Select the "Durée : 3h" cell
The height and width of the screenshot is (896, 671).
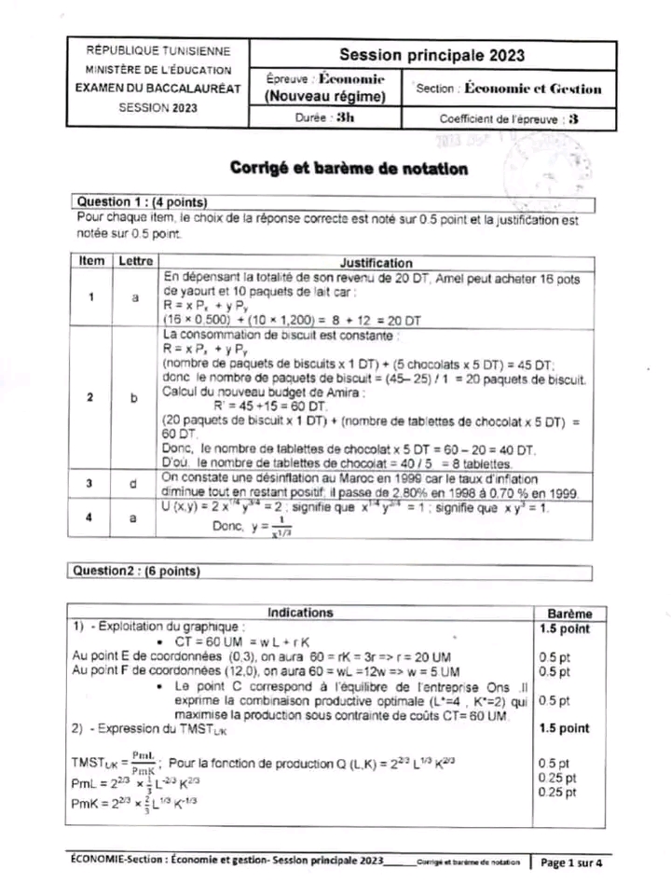tap(332, 118)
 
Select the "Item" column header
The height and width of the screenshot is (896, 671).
tap(91, 262)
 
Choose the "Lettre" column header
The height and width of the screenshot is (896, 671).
tap(134, 262)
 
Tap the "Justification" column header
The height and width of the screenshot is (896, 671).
tap(377, 263)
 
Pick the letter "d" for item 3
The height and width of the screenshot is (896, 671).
tap(133, 484)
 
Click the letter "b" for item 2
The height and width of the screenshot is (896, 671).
tap(133, 397)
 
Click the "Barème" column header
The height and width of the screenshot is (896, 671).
tap(566, 613)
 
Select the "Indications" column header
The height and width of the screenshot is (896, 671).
tap(300, 613)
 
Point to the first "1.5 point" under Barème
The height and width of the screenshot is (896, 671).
tap(565, 629)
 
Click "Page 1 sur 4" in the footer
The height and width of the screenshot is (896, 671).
tap(571, 862)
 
